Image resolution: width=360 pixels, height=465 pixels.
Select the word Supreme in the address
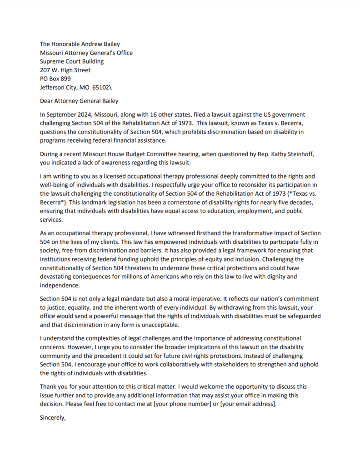point(52,61)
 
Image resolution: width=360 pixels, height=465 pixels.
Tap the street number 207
point(45,70)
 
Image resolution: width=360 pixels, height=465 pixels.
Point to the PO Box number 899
point(65,79)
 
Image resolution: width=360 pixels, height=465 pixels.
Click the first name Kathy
point(272,154)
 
